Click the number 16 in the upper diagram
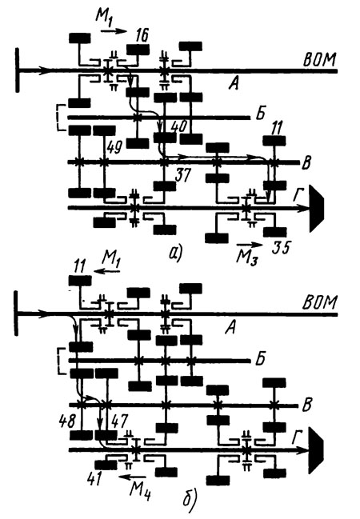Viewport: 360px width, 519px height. click(142, 35)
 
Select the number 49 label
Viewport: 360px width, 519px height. click(115, 145)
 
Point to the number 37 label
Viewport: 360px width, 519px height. click(182, 175)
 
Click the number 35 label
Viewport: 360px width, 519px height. click(281, 247)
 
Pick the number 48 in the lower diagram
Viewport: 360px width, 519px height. click(68, 421)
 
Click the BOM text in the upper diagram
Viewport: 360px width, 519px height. click(320, 59)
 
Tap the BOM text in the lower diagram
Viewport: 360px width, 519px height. click(320, 301)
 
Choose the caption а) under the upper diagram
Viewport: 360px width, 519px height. click(175, 254)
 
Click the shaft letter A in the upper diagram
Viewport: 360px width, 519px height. click(234, 85)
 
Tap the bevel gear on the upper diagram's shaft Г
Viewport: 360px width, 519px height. click(317, 209)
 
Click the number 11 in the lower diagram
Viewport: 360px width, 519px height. click(78, 265)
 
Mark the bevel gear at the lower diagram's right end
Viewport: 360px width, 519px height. click(317, 450)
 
